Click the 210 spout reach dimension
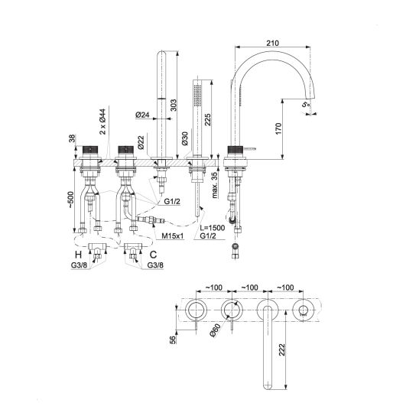click(272, 43)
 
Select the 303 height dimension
click(174, 106)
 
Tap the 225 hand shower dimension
click(208, 119)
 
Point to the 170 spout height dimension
click(278, 128)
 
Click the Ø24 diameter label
click(142, 115)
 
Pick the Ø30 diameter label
click(185, 138)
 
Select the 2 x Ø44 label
click(102, 122)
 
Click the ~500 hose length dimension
click(70, 200)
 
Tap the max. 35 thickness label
click(214, 185)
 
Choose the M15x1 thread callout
click(173, 236)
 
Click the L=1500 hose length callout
click(213, 228)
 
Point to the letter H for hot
click(78, 255)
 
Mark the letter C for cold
click(153, 255)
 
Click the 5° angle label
click(307, 104)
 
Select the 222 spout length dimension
click(282, 349)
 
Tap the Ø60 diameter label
click(215, 330)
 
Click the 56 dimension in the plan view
click(173, 339)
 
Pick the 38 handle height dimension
click(73, 138)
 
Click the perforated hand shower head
click(198, 95)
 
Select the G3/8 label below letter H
click(79, 265)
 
